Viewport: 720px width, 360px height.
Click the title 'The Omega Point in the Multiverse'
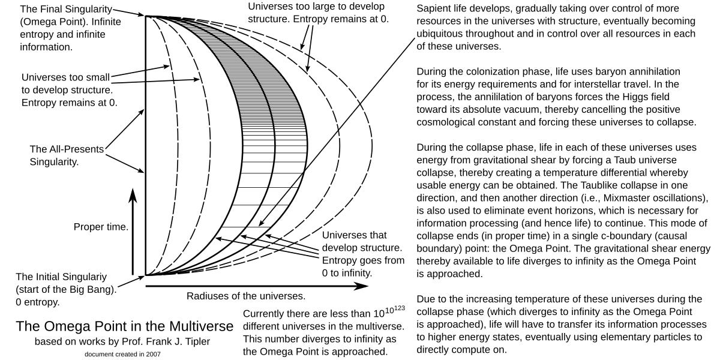coord(124,326)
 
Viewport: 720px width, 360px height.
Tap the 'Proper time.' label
coord(101,227)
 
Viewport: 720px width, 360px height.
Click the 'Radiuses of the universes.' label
coord(246,296)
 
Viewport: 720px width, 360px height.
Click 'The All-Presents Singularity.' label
coord(66,155)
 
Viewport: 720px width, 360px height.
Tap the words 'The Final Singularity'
coord(66,10)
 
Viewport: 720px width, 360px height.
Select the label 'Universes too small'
coord(66,77)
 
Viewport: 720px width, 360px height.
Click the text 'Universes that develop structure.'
coord(362,241)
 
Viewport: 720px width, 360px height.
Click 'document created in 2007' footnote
coord(122,354)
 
